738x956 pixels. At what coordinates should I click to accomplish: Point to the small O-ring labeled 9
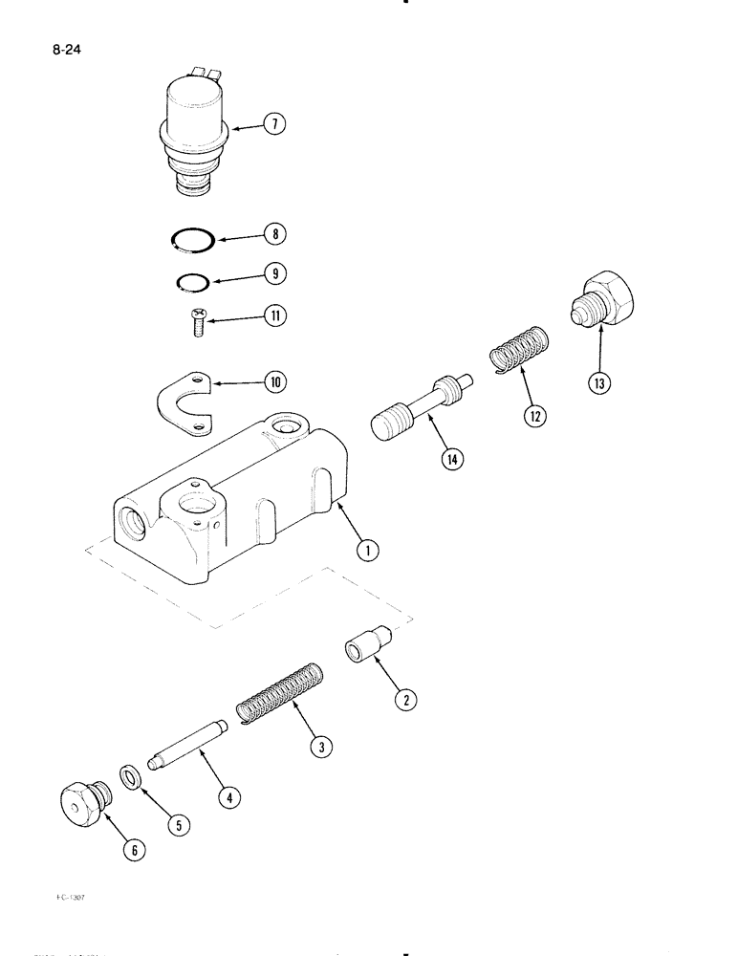click(x=192, y=281)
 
